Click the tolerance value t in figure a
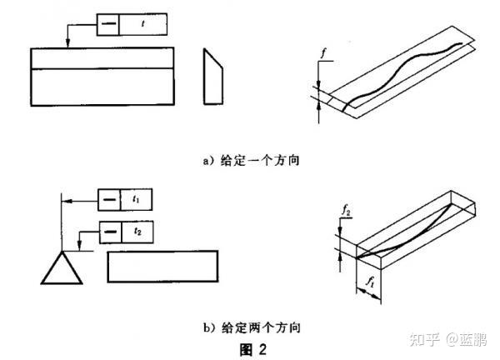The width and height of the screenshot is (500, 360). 143,25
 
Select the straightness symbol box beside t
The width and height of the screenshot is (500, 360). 107,25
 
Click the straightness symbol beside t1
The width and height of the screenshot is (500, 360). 109,201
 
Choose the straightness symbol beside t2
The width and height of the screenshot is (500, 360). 109,231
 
